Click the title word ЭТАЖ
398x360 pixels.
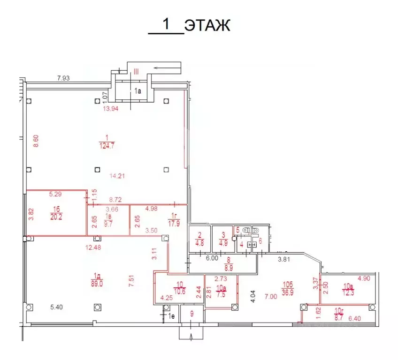207,25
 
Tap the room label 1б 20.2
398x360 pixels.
57,213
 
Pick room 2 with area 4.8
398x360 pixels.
199,239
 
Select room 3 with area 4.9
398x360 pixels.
222,239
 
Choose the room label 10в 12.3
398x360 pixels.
348,289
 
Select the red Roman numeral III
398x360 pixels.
136,72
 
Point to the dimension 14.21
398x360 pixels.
116,176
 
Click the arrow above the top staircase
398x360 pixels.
167,68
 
